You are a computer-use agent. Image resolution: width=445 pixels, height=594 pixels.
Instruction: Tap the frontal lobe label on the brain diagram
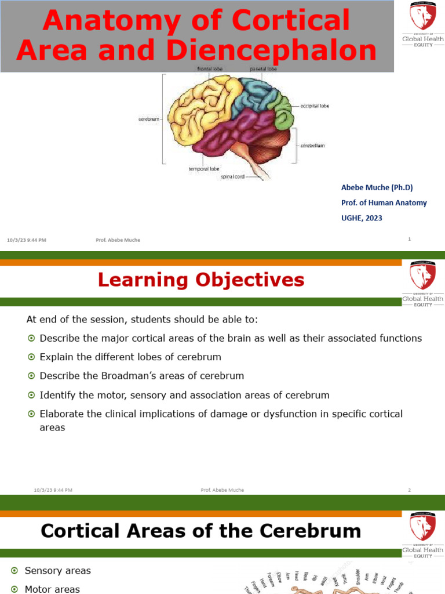click(209, 68)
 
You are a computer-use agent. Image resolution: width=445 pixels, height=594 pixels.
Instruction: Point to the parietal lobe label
click(264, 68)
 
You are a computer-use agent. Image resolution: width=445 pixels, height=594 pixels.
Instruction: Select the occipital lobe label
click(315, 106)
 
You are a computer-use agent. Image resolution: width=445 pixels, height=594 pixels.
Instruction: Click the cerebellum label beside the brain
click(312, 146)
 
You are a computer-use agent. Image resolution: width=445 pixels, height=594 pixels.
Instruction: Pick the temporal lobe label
click(203, 169)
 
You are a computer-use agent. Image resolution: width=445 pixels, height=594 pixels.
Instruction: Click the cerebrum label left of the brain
click(148, 119)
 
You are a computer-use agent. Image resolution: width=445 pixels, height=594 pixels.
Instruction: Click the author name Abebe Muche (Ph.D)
click(377, 187)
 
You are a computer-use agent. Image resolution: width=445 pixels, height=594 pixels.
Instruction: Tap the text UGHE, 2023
click(362, 218)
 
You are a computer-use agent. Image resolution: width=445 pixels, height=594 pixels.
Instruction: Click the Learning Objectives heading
click(200, 280)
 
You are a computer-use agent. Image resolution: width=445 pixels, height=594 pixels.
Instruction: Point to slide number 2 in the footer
click(409, 490)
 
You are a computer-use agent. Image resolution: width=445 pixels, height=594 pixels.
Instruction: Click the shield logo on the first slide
click(422, 16)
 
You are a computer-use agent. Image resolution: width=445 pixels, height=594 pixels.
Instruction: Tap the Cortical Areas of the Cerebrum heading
click(200, 531)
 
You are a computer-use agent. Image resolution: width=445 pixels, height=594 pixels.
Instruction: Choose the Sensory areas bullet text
click(57, 571)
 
